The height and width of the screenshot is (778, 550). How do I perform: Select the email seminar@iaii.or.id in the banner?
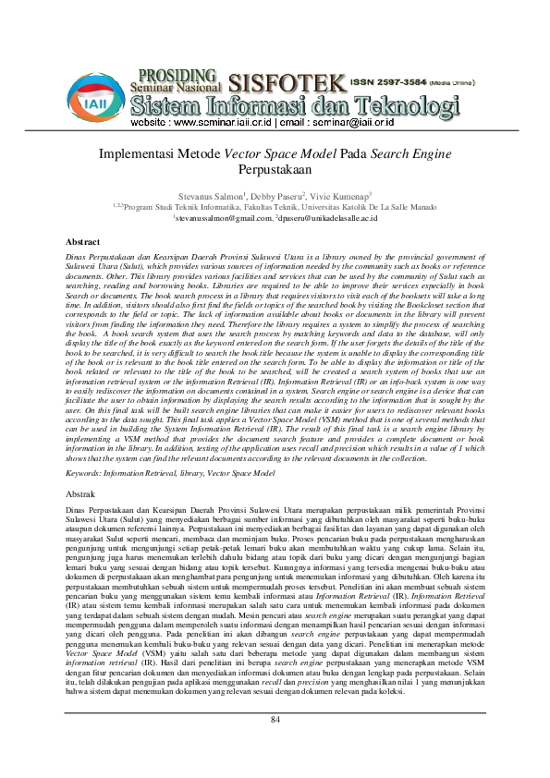click(367, 122)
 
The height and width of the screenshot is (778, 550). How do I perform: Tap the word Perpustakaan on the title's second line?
click(275, 171)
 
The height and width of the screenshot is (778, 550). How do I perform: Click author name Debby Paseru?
click(274, 197)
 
